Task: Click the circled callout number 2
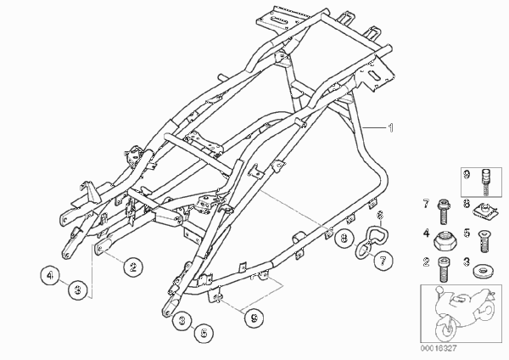click(x=133, y=267)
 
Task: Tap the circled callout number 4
click(x=50, y=276)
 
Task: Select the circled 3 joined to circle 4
click(x=78, y=290)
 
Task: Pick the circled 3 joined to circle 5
click(x=182, y=321)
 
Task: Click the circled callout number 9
click(x=255, y=318)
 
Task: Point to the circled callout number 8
click(x=344, y=239)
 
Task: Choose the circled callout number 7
click(x=383, y=261)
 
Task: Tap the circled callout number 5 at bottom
click(x=204, y=333)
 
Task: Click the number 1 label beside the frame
click(x=391, y=127)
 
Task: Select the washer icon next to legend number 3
click(x=481, y=271)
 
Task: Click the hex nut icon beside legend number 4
click(x=443, y=241)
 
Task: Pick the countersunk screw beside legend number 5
click(x=484, y=241)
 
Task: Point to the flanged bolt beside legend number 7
click(x=444, y=211)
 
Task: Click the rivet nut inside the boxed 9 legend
click(x=485, y=182)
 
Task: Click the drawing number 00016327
click(x=439, y=348)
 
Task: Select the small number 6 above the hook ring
click(x=380, y=215)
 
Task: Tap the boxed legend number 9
click(x=467, y=176)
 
